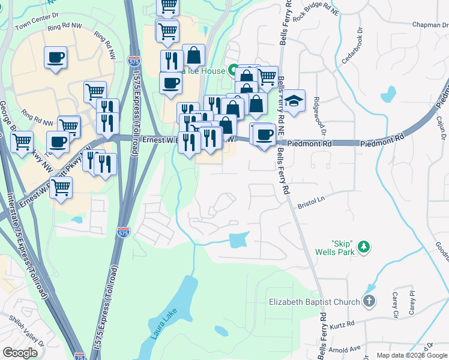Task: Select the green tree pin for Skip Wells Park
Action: [363, 247]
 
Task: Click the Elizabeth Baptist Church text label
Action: [314, 302]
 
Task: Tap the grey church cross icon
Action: [369, 302]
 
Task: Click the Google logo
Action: [20, 353]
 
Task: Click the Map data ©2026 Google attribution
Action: [412, 355]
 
